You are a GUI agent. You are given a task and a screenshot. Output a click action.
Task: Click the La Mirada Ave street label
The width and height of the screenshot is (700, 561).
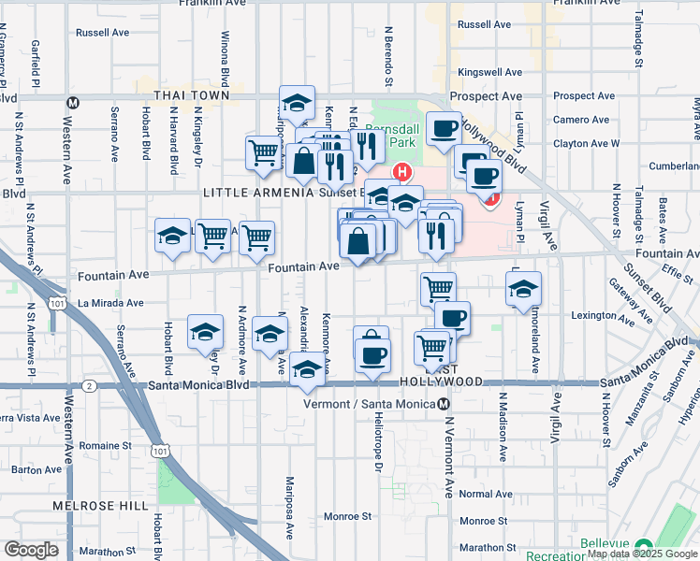[x=110, y=303]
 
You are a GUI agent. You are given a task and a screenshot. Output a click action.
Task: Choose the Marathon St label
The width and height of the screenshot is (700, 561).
[x=483, y=547]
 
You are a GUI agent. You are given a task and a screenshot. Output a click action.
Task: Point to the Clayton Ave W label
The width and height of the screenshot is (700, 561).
[x=586, y=144]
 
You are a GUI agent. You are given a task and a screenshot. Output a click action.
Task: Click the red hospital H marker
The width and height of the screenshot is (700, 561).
[x=402, y=172]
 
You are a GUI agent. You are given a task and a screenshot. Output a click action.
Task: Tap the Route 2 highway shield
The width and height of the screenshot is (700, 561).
[x=88, y=385]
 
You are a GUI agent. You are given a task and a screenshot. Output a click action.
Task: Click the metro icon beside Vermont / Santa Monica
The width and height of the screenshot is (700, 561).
[x=444, y=404]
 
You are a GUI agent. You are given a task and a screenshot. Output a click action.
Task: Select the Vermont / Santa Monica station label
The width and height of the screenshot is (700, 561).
[x=371, y=404]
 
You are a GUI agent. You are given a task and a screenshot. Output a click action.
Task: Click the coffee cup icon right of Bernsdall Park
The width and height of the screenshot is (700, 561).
[x=444, y=128]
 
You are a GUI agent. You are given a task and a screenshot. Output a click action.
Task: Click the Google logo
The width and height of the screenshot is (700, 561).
[x=32, y=550]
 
